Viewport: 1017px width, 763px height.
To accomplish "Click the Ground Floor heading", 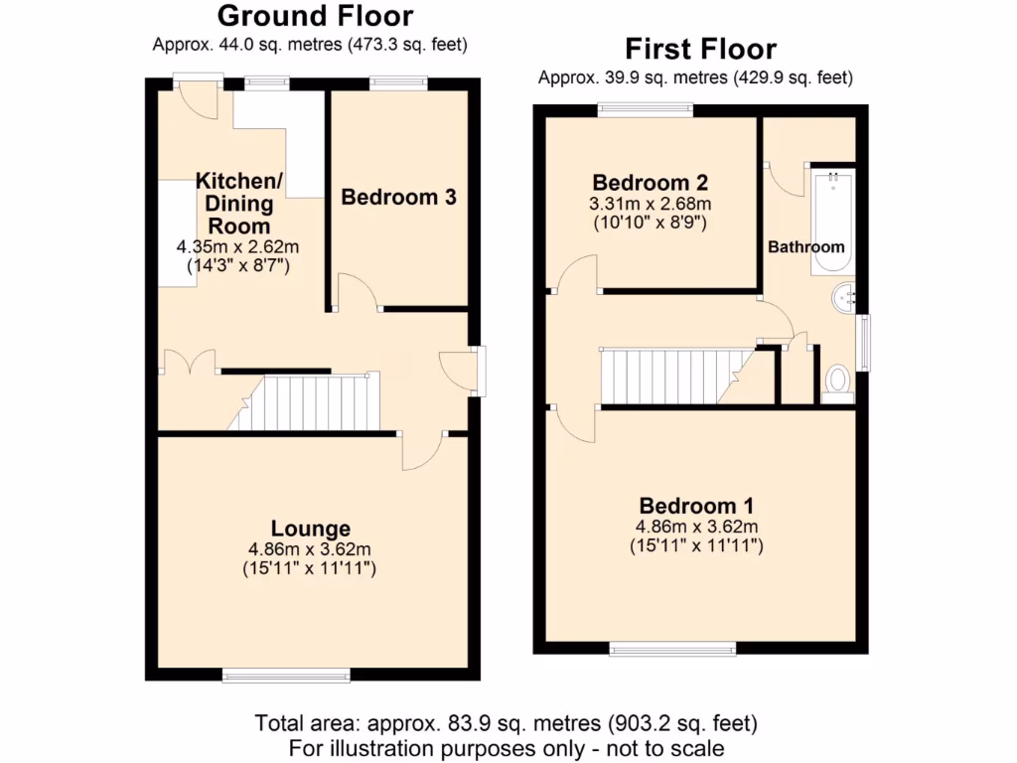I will [315, 16].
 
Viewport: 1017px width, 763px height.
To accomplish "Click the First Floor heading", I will [700, 49].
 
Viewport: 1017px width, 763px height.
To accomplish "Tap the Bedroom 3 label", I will [398, 197].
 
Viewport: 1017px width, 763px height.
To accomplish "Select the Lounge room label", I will [311, 529].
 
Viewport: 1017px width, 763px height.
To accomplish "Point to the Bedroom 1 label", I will [696, 504].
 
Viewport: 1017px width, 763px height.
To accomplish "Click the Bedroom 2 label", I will [650, 183].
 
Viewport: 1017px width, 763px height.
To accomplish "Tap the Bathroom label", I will [805, 246].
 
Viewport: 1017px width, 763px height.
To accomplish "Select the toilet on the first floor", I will [838, 381].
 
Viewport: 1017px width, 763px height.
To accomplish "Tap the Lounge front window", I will [286, 676].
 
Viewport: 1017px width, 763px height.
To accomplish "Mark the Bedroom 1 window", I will [673, 649].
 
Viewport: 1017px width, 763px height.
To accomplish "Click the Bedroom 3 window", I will [398, 83].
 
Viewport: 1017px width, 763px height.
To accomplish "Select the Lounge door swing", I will [421, 452].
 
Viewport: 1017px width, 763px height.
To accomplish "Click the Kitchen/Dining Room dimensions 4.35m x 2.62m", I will [238, 246].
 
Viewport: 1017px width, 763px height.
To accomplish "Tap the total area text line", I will [507, 723].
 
